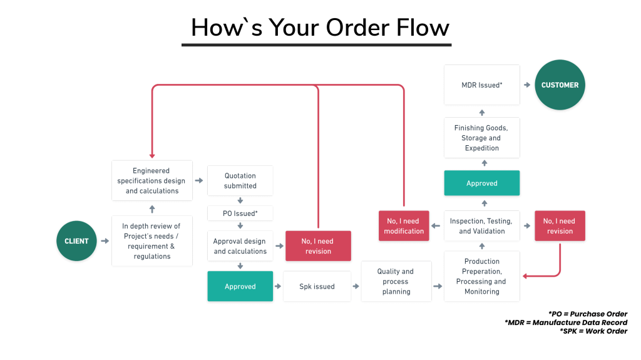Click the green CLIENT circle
click(76, 241)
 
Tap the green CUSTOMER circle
click(560, 85)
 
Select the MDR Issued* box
click(481, 85)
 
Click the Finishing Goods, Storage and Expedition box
click(481, 138)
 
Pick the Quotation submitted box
click(240, 180)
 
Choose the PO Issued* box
click(240, 213)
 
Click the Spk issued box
click(316, 287)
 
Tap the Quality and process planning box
click(396, 281)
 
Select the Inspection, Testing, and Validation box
click(481, 226)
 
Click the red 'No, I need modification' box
click(404, 226)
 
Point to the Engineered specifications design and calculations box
click(152, 180)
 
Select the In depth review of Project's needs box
click(152, 241)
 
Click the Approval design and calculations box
click(240, 246)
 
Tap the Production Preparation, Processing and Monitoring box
click(481, 276)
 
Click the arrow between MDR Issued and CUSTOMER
click(527, 85)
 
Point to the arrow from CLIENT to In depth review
click(105, 241)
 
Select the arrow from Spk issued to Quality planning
click(356, 286)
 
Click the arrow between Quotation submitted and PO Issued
click(240, 201)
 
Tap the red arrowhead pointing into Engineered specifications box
click(152, 155)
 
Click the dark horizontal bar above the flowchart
click(316, 45)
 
